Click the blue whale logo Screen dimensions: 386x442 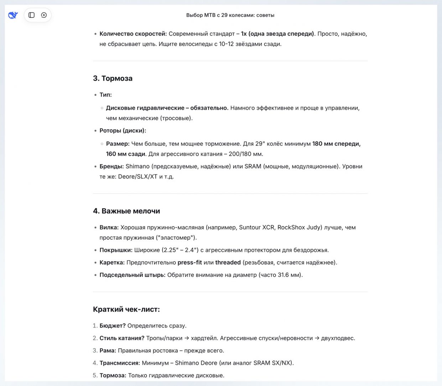13,15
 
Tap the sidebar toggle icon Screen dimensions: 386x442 31,15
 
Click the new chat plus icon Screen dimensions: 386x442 44,15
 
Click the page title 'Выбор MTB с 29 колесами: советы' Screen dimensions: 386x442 230,15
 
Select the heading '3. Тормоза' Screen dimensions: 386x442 113,78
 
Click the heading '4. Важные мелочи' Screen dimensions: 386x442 126,211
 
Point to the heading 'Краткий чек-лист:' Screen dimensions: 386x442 126,309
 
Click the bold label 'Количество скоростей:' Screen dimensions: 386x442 133,34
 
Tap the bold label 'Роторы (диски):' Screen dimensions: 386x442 123,131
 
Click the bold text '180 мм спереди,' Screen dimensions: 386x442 336,144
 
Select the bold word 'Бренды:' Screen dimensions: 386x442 111,166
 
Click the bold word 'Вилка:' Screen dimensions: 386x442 109,227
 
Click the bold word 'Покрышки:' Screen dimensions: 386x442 116,250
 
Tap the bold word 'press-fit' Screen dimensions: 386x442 189,262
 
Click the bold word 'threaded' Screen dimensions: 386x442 228,262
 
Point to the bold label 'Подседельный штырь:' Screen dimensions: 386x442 132,275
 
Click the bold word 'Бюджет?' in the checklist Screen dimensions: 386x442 113,325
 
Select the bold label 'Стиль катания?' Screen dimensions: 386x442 122,338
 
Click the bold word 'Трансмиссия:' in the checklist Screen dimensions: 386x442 120,363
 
